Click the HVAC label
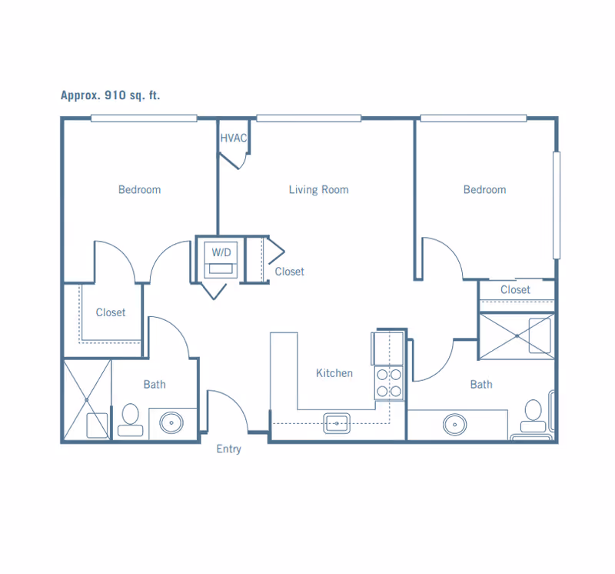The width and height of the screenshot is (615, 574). click(234, 138)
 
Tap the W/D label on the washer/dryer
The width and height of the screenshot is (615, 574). click(221, 252)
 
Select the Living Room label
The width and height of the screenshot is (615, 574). click(318, 189)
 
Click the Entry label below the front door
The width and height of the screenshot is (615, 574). click(228, 449)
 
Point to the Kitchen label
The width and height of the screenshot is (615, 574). click(334, 373)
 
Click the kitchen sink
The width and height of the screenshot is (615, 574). click(337, 423)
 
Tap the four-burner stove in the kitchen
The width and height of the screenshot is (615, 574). click(389, 383)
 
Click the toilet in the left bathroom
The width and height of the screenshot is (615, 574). click(131, 419)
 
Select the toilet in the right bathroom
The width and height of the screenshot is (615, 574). click(533, 416)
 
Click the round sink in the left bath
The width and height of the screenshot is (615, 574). click(171, 423)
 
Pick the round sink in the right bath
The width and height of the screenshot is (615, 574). click(454, 425)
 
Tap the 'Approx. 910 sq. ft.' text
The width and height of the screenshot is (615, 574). click(110, 95)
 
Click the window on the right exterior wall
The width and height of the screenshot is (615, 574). click(556, 205)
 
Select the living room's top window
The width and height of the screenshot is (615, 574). click(309, 118)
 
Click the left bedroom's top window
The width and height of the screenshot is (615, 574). click(144, 118)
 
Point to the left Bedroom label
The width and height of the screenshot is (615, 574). click(140, 189)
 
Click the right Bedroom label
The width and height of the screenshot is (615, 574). click(485, 189)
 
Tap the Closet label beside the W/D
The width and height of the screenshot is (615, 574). click(290, 272)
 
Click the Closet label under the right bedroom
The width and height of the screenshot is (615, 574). click(515, 290)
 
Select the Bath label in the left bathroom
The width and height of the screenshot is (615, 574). click(155, 385)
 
